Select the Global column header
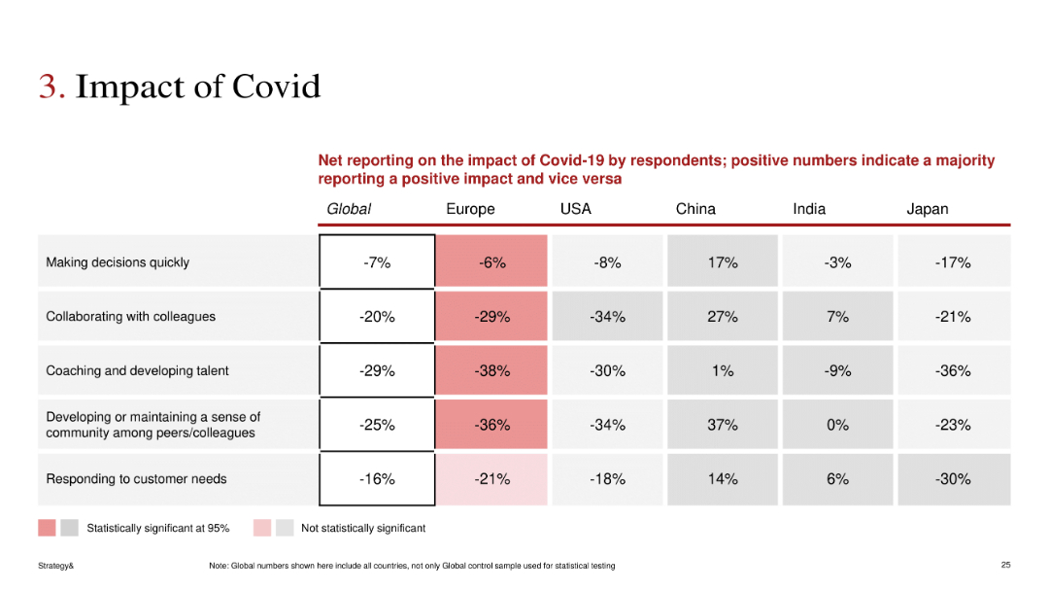[x=349, y=209]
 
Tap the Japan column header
[x=927, y=209]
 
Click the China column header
[x=695, y=209]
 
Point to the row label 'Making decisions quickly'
[x=118, y=262]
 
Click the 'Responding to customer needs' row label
[x=136, y=478]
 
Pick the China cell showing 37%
[x=723, y=425]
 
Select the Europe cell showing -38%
[x=492, y=370]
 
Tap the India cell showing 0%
[x=837, y=425]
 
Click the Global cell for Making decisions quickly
[x=377, y=262]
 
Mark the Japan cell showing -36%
[x=953, y=370]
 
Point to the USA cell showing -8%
[x=607, y=262]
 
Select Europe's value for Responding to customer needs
[x=492, y=479]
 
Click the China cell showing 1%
[x=723, y=370]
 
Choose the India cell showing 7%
[x=837, y=317]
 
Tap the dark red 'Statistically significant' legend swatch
[x=47, y=528]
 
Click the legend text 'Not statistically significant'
[x=363, y=529]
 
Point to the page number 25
[x=1005, y=565]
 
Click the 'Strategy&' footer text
[x=56, y=566]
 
